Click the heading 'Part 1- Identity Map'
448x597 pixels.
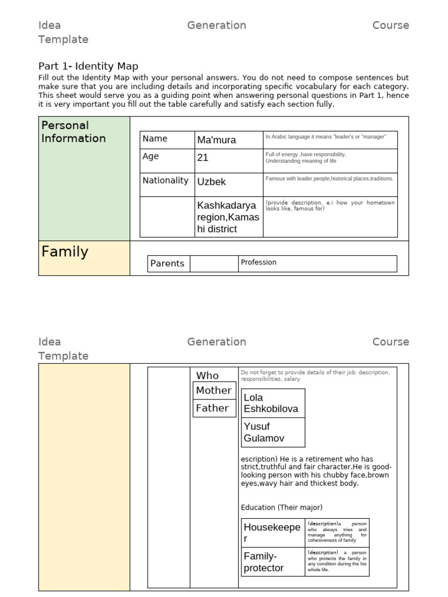88,66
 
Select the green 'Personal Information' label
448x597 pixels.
73,132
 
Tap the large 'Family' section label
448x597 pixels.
65,252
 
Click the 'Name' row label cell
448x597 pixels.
155,139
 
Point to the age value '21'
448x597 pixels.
203,157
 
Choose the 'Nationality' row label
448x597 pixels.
165,181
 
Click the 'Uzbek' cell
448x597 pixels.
211,182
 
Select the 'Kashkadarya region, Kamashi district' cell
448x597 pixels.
228,217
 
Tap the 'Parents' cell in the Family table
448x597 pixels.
167,264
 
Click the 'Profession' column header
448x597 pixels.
258,262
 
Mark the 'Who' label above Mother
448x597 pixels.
208,376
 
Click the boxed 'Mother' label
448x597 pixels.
213,391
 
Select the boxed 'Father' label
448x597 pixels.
212,408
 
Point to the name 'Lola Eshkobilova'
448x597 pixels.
271,403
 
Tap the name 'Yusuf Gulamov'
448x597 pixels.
265,432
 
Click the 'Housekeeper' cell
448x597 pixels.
272,533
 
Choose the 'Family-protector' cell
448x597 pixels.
264,562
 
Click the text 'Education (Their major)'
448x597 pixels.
282,507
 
